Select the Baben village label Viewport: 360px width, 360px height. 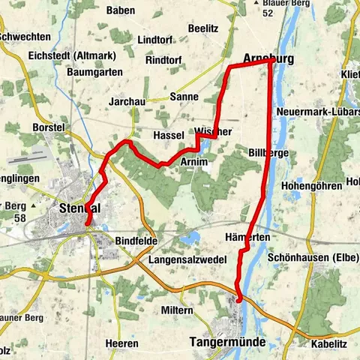click(x=121, y=10)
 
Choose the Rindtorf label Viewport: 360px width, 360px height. click(x=164, y=59)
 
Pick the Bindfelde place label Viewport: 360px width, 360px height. click(x=136, y=241)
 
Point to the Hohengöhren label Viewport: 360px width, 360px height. click(x=310, y=185)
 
